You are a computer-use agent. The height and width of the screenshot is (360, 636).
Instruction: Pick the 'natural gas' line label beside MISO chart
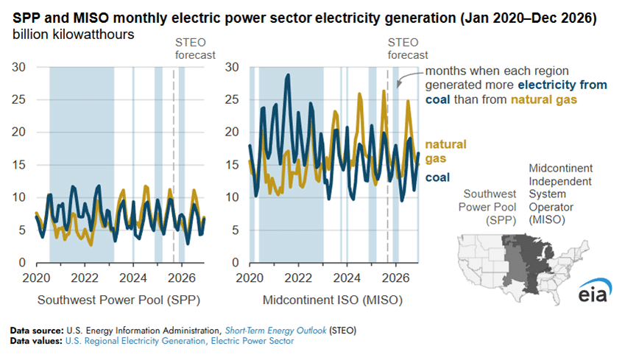pyautogui.click(x=446, y=151)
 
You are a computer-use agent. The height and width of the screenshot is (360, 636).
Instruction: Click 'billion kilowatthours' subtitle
pyautogui.click(x=72, y=35)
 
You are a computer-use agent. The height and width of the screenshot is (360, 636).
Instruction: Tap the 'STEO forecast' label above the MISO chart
pyautogui.click(x=407, y=49)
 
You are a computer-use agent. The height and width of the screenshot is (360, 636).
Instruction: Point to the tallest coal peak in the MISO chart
pyautogui.click(x=288, y=74)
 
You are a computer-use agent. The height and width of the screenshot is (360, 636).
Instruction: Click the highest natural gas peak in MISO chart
pyautogui.click(x=384, y=91)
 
